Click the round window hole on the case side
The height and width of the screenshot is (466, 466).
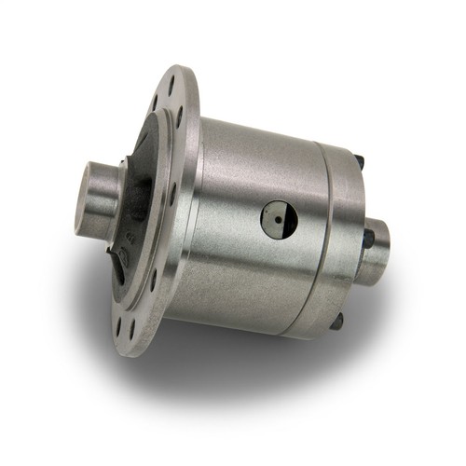(x=277, y=220)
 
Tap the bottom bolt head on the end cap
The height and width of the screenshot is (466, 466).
(x=337, y=319)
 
